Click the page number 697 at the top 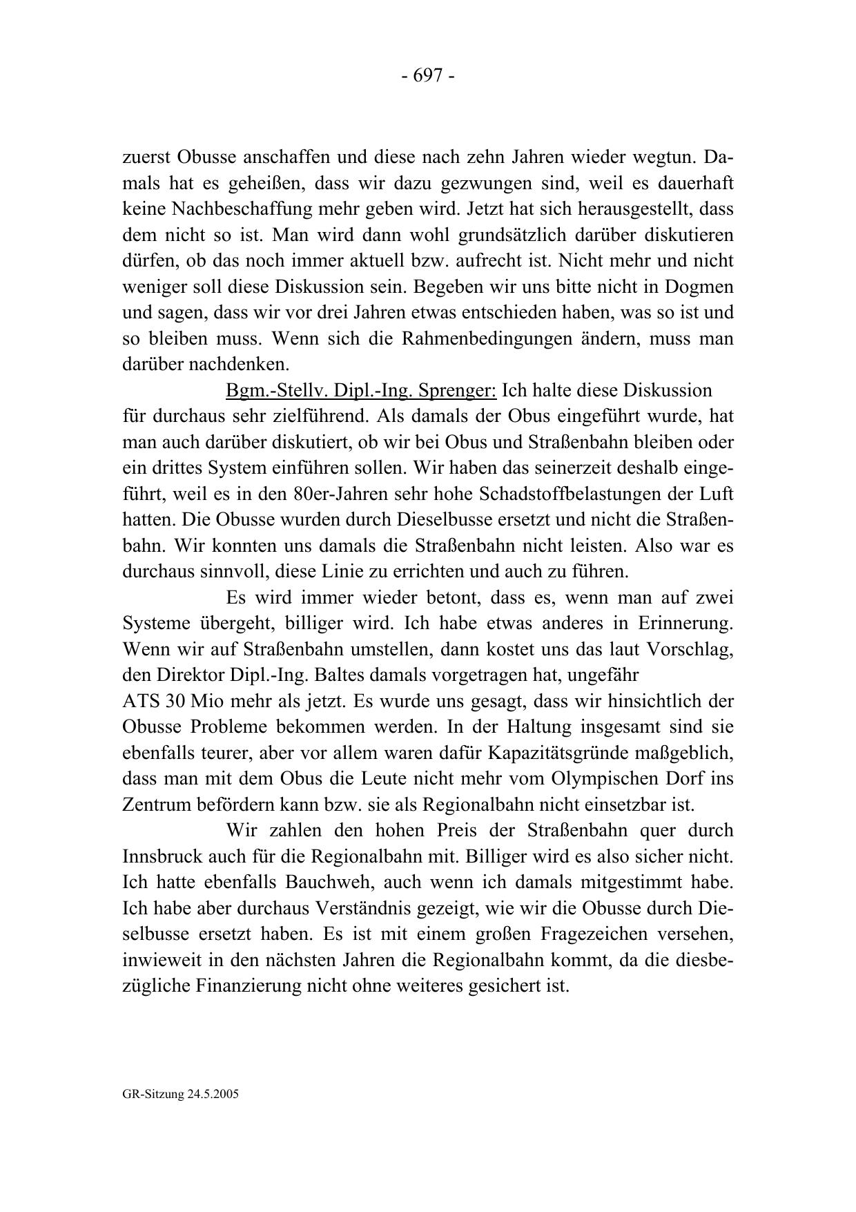427,75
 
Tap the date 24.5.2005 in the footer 211,1095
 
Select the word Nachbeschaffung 242,209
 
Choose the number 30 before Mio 175,701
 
